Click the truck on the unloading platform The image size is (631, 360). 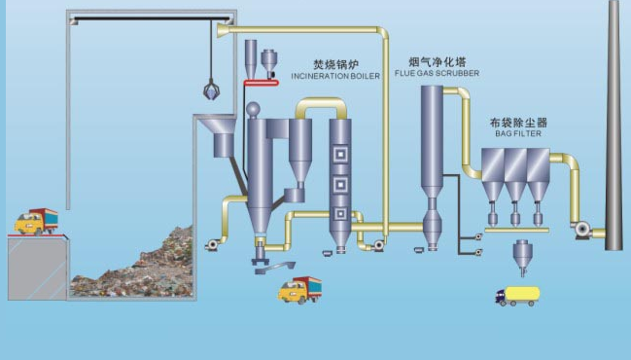[36, 222]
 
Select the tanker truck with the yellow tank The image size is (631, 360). [518, 295]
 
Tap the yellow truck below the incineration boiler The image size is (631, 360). [299, 289]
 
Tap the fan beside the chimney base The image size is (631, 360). [585, 230]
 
